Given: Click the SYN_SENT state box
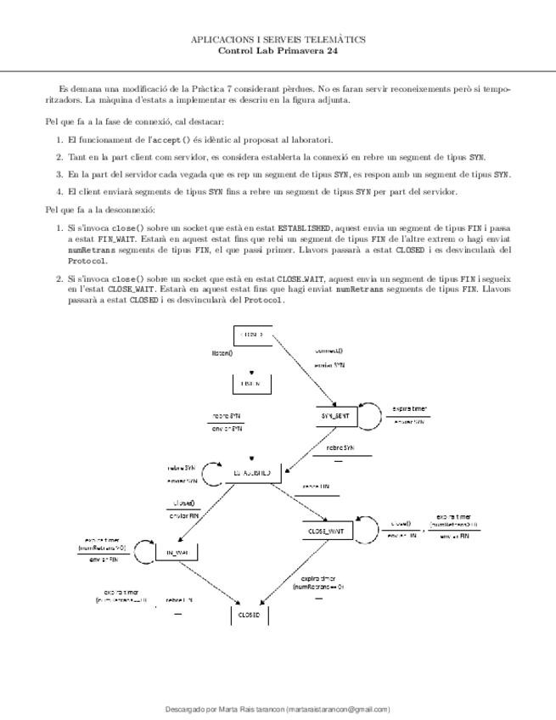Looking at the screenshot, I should [x=335, y=416].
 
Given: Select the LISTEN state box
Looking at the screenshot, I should [x=251, y=384].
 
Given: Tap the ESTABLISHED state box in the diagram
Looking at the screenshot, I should [x=253, y=473].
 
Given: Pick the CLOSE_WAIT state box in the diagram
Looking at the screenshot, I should [x=326, y=531].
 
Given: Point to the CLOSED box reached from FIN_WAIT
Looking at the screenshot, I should [x=250, y=614].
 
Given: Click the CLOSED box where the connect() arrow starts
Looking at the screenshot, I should [x=251, y=335].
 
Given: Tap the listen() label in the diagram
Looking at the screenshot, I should [x=222, y=352].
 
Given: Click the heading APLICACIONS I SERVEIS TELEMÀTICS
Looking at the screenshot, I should [x=278, y=39].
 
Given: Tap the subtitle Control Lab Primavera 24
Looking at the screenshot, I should [x=278, y=50].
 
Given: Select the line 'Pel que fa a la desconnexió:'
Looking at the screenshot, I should [x=100, y=210].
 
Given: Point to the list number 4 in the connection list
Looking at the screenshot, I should [x=59, y=191].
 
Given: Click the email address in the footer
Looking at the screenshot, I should [x=338, y=709].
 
